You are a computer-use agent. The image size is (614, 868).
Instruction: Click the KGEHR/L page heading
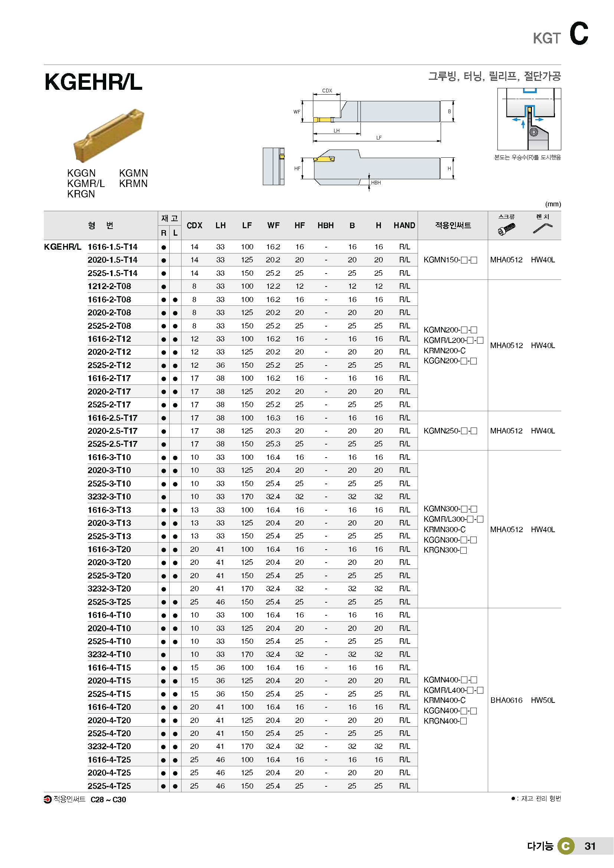click(x=94, y=82)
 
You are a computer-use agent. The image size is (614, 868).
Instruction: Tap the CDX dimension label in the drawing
click(x=327, y=91)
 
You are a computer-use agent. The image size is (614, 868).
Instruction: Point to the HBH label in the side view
click(x=376, y=183)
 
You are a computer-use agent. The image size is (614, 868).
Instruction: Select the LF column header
click(x=247, y=226)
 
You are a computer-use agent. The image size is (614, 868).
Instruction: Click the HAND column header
click(x=404, y=226)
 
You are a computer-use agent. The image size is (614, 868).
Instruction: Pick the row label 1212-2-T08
click(x=109, y=286)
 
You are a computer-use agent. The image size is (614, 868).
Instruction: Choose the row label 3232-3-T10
click(x=109, y=497)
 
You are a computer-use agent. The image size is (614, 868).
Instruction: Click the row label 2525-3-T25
click(x=109, y=602)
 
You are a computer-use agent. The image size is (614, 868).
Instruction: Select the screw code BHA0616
click(x=506, y=700)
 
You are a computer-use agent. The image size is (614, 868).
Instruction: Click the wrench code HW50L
click(x=543, y=700)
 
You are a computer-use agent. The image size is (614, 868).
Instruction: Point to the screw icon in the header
click(x=507, y=229)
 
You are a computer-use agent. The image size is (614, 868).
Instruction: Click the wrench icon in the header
click(x=543, y=228)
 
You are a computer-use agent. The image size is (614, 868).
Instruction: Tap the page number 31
click(x=590, y=846)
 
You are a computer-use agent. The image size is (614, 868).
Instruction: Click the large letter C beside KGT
click(x=579, y=34)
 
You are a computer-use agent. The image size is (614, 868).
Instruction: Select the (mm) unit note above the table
click(x=553, y=204)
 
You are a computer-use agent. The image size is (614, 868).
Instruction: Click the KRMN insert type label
click(x=133, y=184)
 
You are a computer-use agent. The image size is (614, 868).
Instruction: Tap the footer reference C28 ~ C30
click(x=108, y=800)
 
